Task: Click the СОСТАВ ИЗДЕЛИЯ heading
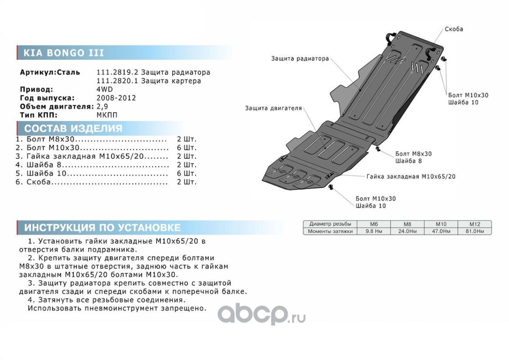click(73, 128)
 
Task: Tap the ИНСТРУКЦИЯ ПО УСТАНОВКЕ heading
click(103, 227)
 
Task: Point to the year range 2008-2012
click(116, 98)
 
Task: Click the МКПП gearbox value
click(107, 115)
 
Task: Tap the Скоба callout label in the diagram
click(453, 29)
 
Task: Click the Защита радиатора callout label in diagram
click(300, 58)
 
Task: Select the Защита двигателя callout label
click(273, 108)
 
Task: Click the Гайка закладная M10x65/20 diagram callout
click(411, 176)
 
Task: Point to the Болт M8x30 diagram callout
click(413, 153)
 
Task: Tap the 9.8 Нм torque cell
click(373, 231)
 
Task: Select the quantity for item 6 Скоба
click(187, 182)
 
